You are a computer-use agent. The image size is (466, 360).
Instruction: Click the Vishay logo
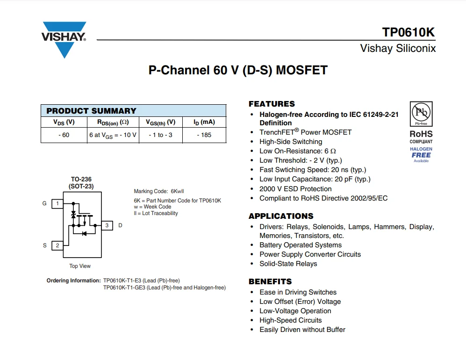64,38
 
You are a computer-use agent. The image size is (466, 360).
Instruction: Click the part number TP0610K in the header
408,32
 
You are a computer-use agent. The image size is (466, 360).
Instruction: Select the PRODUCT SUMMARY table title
91,111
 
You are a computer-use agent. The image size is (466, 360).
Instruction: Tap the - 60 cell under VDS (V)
64,135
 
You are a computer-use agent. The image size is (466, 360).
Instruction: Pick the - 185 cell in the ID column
204,135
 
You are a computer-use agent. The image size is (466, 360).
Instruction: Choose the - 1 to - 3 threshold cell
160,135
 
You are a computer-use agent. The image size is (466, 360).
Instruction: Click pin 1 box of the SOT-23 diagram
57,203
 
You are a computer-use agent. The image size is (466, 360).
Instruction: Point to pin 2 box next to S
57,245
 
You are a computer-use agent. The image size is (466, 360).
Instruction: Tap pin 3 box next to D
107,225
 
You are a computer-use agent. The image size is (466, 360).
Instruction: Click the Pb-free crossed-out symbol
421,113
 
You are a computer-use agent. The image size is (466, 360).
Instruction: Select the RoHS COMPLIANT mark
421,137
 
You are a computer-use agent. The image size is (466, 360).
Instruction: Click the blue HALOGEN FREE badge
421,154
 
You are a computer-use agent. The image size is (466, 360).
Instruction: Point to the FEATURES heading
272,104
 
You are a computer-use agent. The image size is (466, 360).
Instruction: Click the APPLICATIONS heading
281,216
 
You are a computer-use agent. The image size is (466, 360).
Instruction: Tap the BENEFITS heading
270,281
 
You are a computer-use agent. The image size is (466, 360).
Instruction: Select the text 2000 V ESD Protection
295,189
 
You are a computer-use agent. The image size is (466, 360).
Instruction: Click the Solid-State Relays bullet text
288,264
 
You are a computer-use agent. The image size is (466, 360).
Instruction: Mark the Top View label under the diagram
80,266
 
